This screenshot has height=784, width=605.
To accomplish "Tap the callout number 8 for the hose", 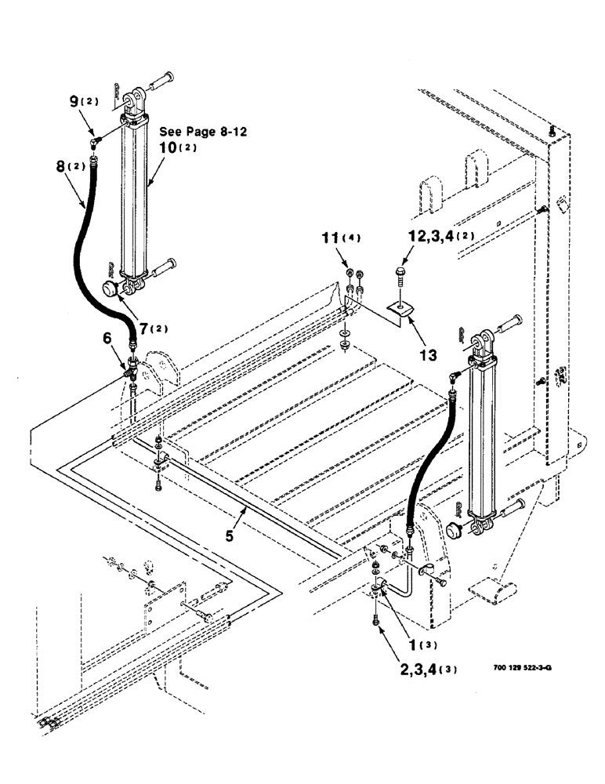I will [x=61, y=166].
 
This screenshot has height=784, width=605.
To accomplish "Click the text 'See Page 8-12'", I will [x=203, y=132].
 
